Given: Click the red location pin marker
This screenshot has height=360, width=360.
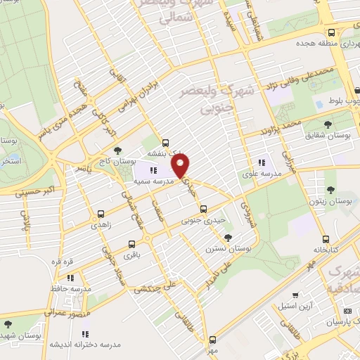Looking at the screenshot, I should pos(181,165).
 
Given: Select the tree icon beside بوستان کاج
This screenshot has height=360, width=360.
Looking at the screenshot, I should pos(117,150).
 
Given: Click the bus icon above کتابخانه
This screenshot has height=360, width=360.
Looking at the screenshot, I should pos(325,238).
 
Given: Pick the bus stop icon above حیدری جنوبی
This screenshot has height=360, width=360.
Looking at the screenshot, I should pos(203,209).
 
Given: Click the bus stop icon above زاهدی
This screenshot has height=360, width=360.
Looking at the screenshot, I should pos(101,214).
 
